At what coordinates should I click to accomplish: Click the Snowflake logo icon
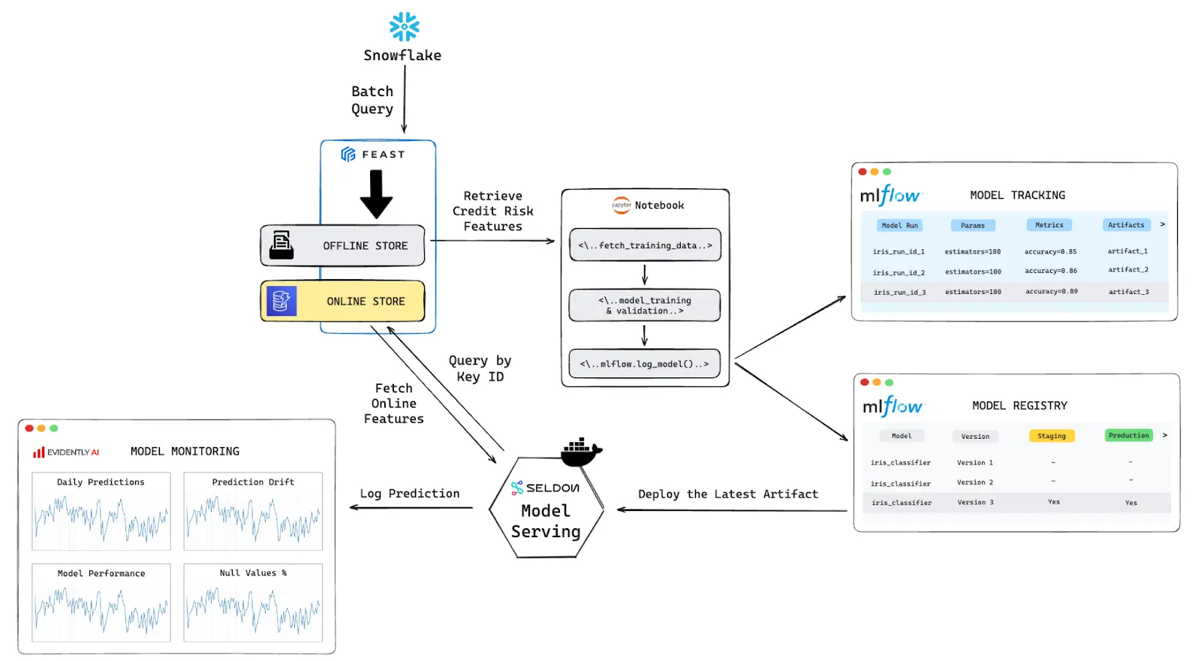[x=404, y=26]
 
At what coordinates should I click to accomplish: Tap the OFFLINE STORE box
[x=343, y=245]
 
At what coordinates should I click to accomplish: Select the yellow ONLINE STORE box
[x=343, y=301]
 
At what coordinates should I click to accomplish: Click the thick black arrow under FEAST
[x=376, y=194]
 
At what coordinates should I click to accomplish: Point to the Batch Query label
[x=372, y=100]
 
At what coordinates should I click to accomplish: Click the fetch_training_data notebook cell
[x=645, y=245]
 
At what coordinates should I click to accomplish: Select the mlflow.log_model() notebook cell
[x=644, y=364]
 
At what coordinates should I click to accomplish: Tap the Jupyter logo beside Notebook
[x=622, y=205]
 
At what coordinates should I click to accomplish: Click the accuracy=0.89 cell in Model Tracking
[x=1051, y=291]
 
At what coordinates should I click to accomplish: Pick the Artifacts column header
[x=1126, y=225]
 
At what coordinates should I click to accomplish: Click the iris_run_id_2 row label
[x=898, y=272]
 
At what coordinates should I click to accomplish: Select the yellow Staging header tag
[x=1051, y=436]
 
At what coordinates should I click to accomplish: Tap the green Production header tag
[x=1128, y=435]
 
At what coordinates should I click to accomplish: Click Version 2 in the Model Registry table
[x=974, y=482]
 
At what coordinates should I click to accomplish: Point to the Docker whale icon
[x=580, y=451]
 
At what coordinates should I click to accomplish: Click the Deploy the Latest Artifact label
[x=727, y=494]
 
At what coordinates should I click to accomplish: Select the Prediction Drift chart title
[x=253, y=482]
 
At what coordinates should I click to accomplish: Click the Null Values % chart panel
[x=253, y=602]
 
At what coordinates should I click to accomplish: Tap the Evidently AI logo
[x=65, y=452]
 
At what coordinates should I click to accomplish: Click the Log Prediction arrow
[x=411, y=508]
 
